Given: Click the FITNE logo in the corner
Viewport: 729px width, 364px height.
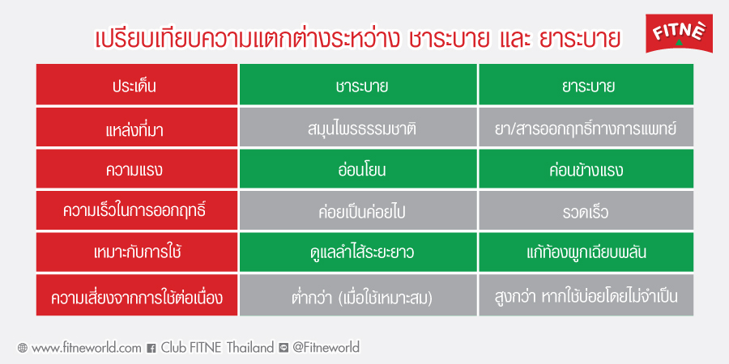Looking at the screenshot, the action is (x=679, y=33).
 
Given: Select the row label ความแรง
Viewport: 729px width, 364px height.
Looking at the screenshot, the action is (x=137, y=169).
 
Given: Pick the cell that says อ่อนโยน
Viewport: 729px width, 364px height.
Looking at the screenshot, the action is (x=358, y=169).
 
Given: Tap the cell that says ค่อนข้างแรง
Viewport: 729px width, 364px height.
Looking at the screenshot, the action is (x=586, y=169).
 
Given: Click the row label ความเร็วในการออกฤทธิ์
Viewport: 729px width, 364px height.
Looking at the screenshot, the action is (x=137, y=211).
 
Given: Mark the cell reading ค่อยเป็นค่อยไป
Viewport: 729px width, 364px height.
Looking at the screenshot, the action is (x=358, y=211).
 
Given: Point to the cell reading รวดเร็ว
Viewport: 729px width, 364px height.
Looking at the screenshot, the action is (x=586, y=211).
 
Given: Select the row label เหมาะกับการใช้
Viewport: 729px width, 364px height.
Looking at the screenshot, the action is (x=137, y=252).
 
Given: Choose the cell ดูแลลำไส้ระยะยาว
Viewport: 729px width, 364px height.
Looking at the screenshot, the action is (x=358, y=252).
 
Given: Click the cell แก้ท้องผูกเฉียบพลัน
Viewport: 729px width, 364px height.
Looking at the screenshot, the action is (x=586, y=252).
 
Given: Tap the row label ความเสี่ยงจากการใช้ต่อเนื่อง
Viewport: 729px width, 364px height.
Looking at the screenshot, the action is (x=137, y=295).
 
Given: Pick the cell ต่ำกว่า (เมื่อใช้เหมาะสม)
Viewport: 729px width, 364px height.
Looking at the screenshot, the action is (x=358, y=295).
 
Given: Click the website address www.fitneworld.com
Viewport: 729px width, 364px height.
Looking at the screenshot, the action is (x=86, y=347).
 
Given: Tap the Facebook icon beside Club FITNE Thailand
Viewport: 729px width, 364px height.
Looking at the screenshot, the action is (x=151, y=348).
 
